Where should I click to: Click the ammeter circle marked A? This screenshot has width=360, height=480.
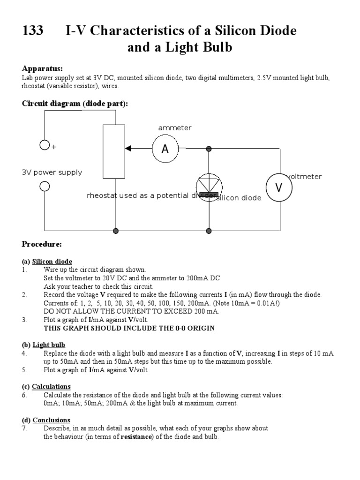pyautogui.click(x=165, y=149)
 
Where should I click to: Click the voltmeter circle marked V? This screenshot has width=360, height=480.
pyautogui.click(x=279, y=188)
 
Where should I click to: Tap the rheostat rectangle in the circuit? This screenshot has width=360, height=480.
pyautogui.click(x=114, y=151)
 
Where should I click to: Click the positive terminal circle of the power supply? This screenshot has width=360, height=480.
pyautogui.click(x=45, y=145)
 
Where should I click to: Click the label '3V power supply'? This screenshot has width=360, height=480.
pyautogui.click(x=52, y=172)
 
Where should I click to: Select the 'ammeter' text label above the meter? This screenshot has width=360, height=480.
pyautogui.click(x=175, y=127)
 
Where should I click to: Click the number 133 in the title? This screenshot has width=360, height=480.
pyautogui.click(x=33, y=31)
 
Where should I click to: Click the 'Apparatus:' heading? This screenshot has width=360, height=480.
pyautogui.click(x=42, y=68)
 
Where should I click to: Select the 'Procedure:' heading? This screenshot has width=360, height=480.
pyautogui.click(x=42, y=244)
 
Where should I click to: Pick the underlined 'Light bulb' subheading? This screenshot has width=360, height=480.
pyautogui.click(x=49, y=345)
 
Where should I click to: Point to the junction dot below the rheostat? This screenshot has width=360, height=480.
pyautogui.click(x=116, y=231)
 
